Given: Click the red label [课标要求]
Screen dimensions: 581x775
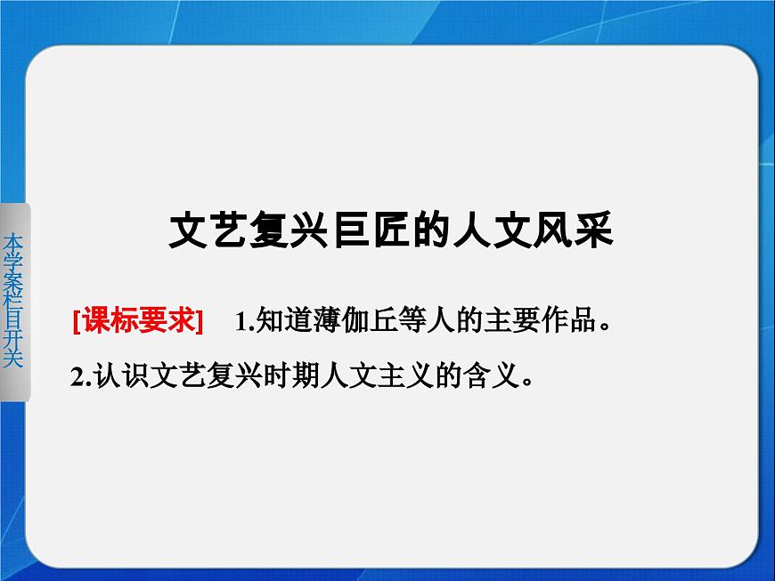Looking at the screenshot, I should [139, 321].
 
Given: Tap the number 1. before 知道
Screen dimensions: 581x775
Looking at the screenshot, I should [245, 322].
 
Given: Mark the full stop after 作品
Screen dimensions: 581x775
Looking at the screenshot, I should [605, 327].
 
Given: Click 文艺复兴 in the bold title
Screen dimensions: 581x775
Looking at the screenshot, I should [242, 233].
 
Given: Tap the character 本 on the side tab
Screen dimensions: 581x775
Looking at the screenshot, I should [12, 240].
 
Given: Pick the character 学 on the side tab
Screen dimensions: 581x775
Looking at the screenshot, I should [12, 260].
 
